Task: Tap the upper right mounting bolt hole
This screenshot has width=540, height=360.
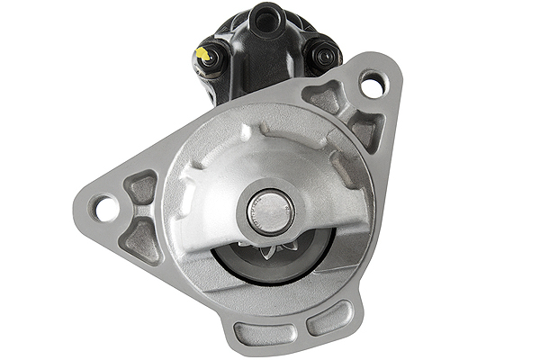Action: (x=372, y=84)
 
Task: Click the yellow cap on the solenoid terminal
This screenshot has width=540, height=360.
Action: (x=204, y=55)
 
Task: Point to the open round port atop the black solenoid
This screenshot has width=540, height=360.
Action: (x=263, y=18)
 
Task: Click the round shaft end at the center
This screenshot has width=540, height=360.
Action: (x=270, y=211)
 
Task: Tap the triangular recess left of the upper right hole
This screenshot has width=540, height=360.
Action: (x=324, y=94)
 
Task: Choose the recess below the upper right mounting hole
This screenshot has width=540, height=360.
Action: (x=364, y=130)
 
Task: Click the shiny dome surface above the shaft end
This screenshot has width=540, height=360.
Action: (x=270, y=162)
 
